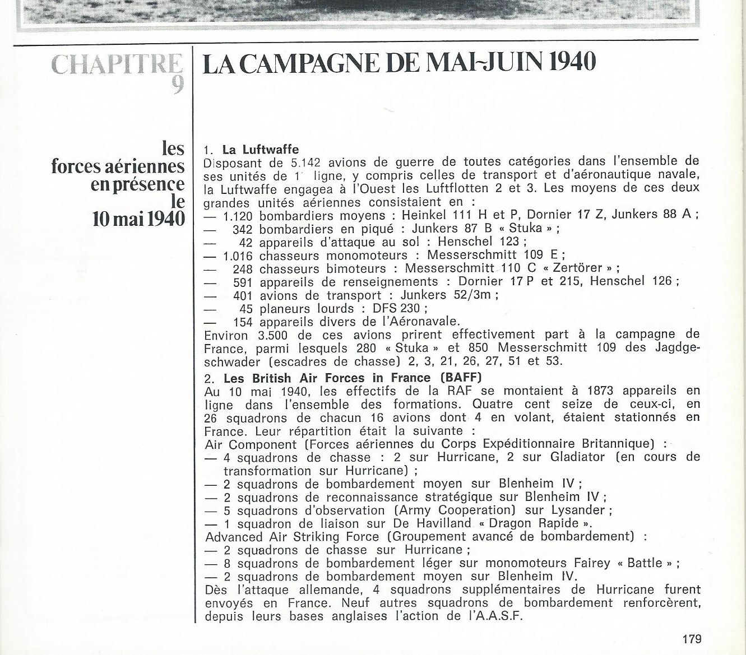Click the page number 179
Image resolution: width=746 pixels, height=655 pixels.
pos(692,639)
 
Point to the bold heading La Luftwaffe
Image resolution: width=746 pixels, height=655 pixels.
pos(261,150)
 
